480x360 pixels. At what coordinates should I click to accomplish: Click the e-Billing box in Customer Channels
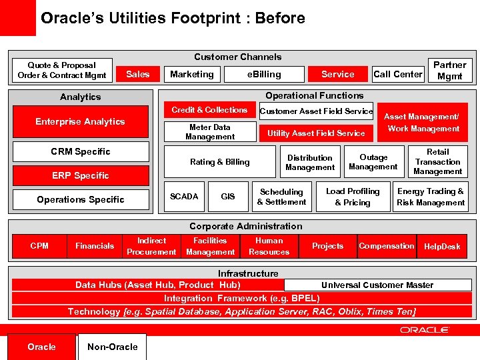pyautogui.click(x=264, y=74)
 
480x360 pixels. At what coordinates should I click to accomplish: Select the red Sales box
pyautogui.click(x=138, y=74)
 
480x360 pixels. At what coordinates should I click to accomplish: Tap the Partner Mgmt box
pyautogui.click(x=449, y=70)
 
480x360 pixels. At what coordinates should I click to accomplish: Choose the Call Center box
pyautogui.click(x=397, y=74)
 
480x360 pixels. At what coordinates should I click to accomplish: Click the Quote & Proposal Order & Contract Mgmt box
pyautogui.click(x=61, y=70)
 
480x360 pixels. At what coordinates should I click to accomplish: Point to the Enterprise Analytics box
pyautogui.click(x=80, y=121)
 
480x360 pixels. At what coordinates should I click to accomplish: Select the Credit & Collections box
pyautogui.click(x=209, y=110)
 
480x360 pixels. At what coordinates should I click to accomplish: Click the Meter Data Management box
pyautogui.click(x=209, y=132)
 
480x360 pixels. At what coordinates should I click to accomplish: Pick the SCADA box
pyautogui.click(x=184, y=196)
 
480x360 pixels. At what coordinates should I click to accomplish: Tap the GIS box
pyautogui.click(x=228, y=196)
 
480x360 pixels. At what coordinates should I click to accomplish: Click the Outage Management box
pyautogui.click(x=373, y=162)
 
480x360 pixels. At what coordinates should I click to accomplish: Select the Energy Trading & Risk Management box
pyautogui.click(x=431, y=197)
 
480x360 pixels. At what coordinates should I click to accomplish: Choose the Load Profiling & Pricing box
pyautogui.click(x=353, y=197)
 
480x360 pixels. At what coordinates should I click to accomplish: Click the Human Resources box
pyautogui.click(x=269, y=246)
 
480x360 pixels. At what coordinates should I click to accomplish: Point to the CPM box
pyautogui.click(x=39, y=246)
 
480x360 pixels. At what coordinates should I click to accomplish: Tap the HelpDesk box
pyautogui.click(x=442, y=246)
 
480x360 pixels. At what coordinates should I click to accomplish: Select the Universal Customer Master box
pyautogui.click(x=377, y=285)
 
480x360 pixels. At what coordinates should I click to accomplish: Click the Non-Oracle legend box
pyautogui.click(x=112, y=347)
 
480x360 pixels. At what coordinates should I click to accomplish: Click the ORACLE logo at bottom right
pyautogui.click(x=425, y=329)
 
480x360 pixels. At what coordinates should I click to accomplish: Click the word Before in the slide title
pyautogui.click(x=281, y=18)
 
